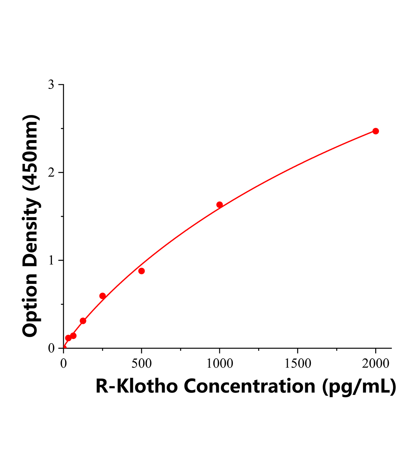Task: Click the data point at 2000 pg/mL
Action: tap(376, 131)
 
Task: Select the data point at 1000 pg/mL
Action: tap(220, 205)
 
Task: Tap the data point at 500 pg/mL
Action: tap(142, 271)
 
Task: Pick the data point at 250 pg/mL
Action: tap(103, 296)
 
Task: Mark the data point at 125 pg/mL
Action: tap(83, 321)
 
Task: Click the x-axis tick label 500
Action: tap(142, 364)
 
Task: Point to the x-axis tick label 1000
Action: tap(220, 364)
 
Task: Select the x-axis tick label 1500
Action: tap(297, 364)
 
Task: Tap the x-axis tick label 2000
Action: tap(375, 364)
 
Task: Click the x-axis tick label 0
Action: tap(64, 364)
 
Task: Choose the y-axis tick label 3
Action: tap(51, 85)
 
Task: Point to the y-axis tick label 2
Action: tap(51, 173)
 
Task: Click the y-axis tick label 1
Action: tap(51, 261)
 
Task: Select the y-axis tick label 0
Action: tap(51, 348)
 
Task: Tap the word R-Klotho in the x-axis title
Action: tap(136, 386)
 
